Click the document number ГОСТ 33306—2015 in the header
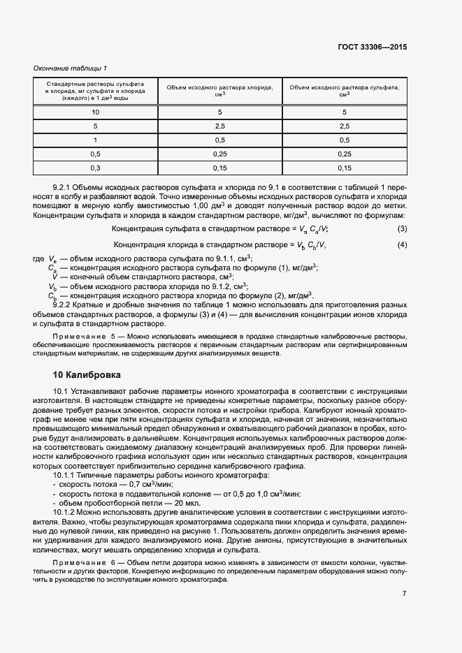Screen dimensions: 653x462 point(373,47)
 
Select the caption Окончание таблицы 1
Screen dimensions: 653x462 point(70,68)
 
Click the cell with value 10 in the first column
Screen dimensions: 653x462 point(95,112)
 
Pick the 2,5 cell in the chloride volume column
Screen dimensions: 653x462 point(219,126)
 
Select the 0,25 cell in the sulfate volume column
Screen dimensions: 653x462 point(345,154)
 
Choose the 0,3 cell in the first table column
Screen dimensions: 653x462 point(95,168)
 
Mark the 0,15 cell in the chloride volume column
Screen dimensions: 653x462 point(219,168)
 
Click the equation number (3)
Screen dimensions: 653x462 point(402,229)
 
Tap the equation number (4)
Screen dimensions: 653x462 point(402,244)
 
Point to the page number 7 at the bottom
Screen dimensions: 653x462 point(404,594)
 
